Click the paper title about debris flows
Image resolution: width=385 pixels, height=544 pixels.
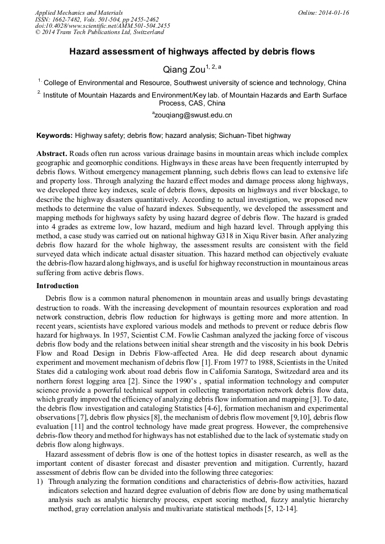(192, 52)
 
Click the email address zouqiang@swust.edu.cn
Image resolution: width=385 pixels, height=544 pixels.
(192, 115)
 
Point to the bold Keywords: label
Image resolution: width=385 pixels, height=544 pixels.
(55, 136)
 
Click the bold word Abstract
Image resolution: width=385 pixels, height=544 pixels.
(52, 154)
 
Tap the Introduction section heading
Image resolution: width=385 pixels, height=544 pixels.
(57, 286)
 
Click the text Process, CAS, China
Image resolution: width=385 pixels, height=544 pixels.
(192, 104)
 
